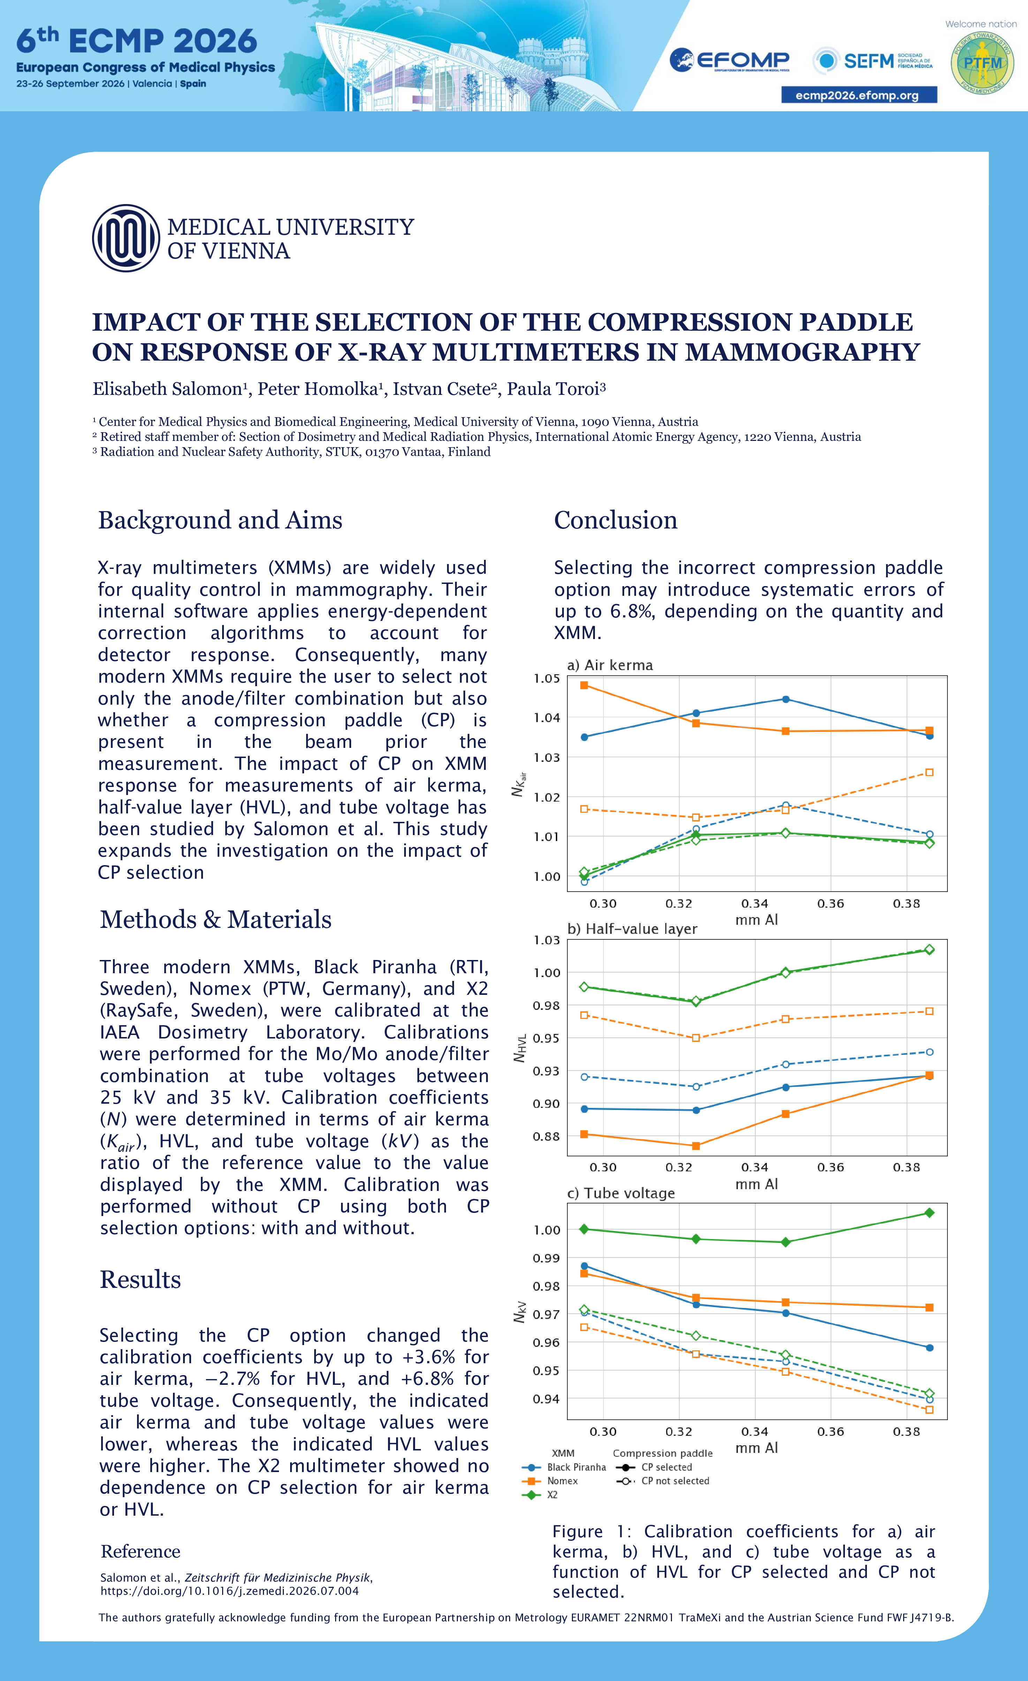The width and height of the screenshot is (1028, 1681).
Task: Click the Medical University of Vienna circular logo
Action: [x=126, y=238]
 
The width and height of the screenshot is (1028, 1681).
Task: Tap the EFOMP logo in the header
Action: [x=729, y=61]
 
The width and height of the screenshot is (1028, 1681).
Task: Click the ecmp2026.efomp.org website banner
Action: [x=859, y=95]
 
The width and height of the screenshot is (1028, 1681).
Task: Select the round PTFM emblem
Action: [x=982, y=63]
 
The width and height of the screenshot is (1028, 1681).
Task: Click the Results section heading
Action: [x=141, y=1279]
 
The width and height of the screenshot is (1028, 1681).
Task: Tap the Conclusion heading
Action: [x=615, y=520]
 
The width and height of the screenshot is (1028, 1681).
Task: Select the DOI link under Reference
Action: [x=229, y=1590]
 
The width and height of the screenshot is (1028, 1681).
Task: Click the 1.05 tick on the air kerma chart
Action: [x=546, y=678]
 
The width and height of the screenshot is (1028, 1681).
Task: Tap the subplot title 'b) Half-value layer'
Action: [x=632, y=929]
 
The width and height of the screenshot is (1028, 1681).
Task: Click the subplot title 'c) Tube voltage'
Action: [x=621, y=1193]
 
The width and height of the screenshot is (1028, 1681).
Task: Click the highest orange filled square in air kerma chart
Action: [x=584, y=685]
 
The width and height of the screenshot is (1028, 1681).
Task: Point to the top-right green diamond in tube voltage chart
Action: [x=929, y=1212]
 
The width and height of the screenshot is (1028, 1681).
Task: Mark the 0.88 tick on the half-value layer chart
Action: [x=546, y=1136]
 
